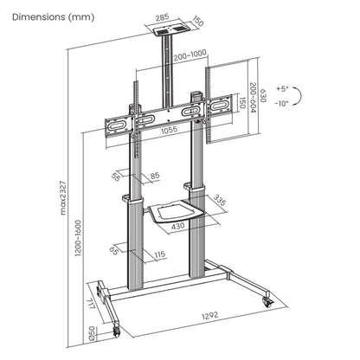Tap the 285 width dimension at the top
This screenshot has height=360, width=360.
point(162,15)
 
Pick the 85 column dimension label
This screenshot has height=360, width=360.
point(154,177)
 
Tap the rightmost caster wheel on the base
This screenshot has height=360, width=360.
point(266,299)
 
